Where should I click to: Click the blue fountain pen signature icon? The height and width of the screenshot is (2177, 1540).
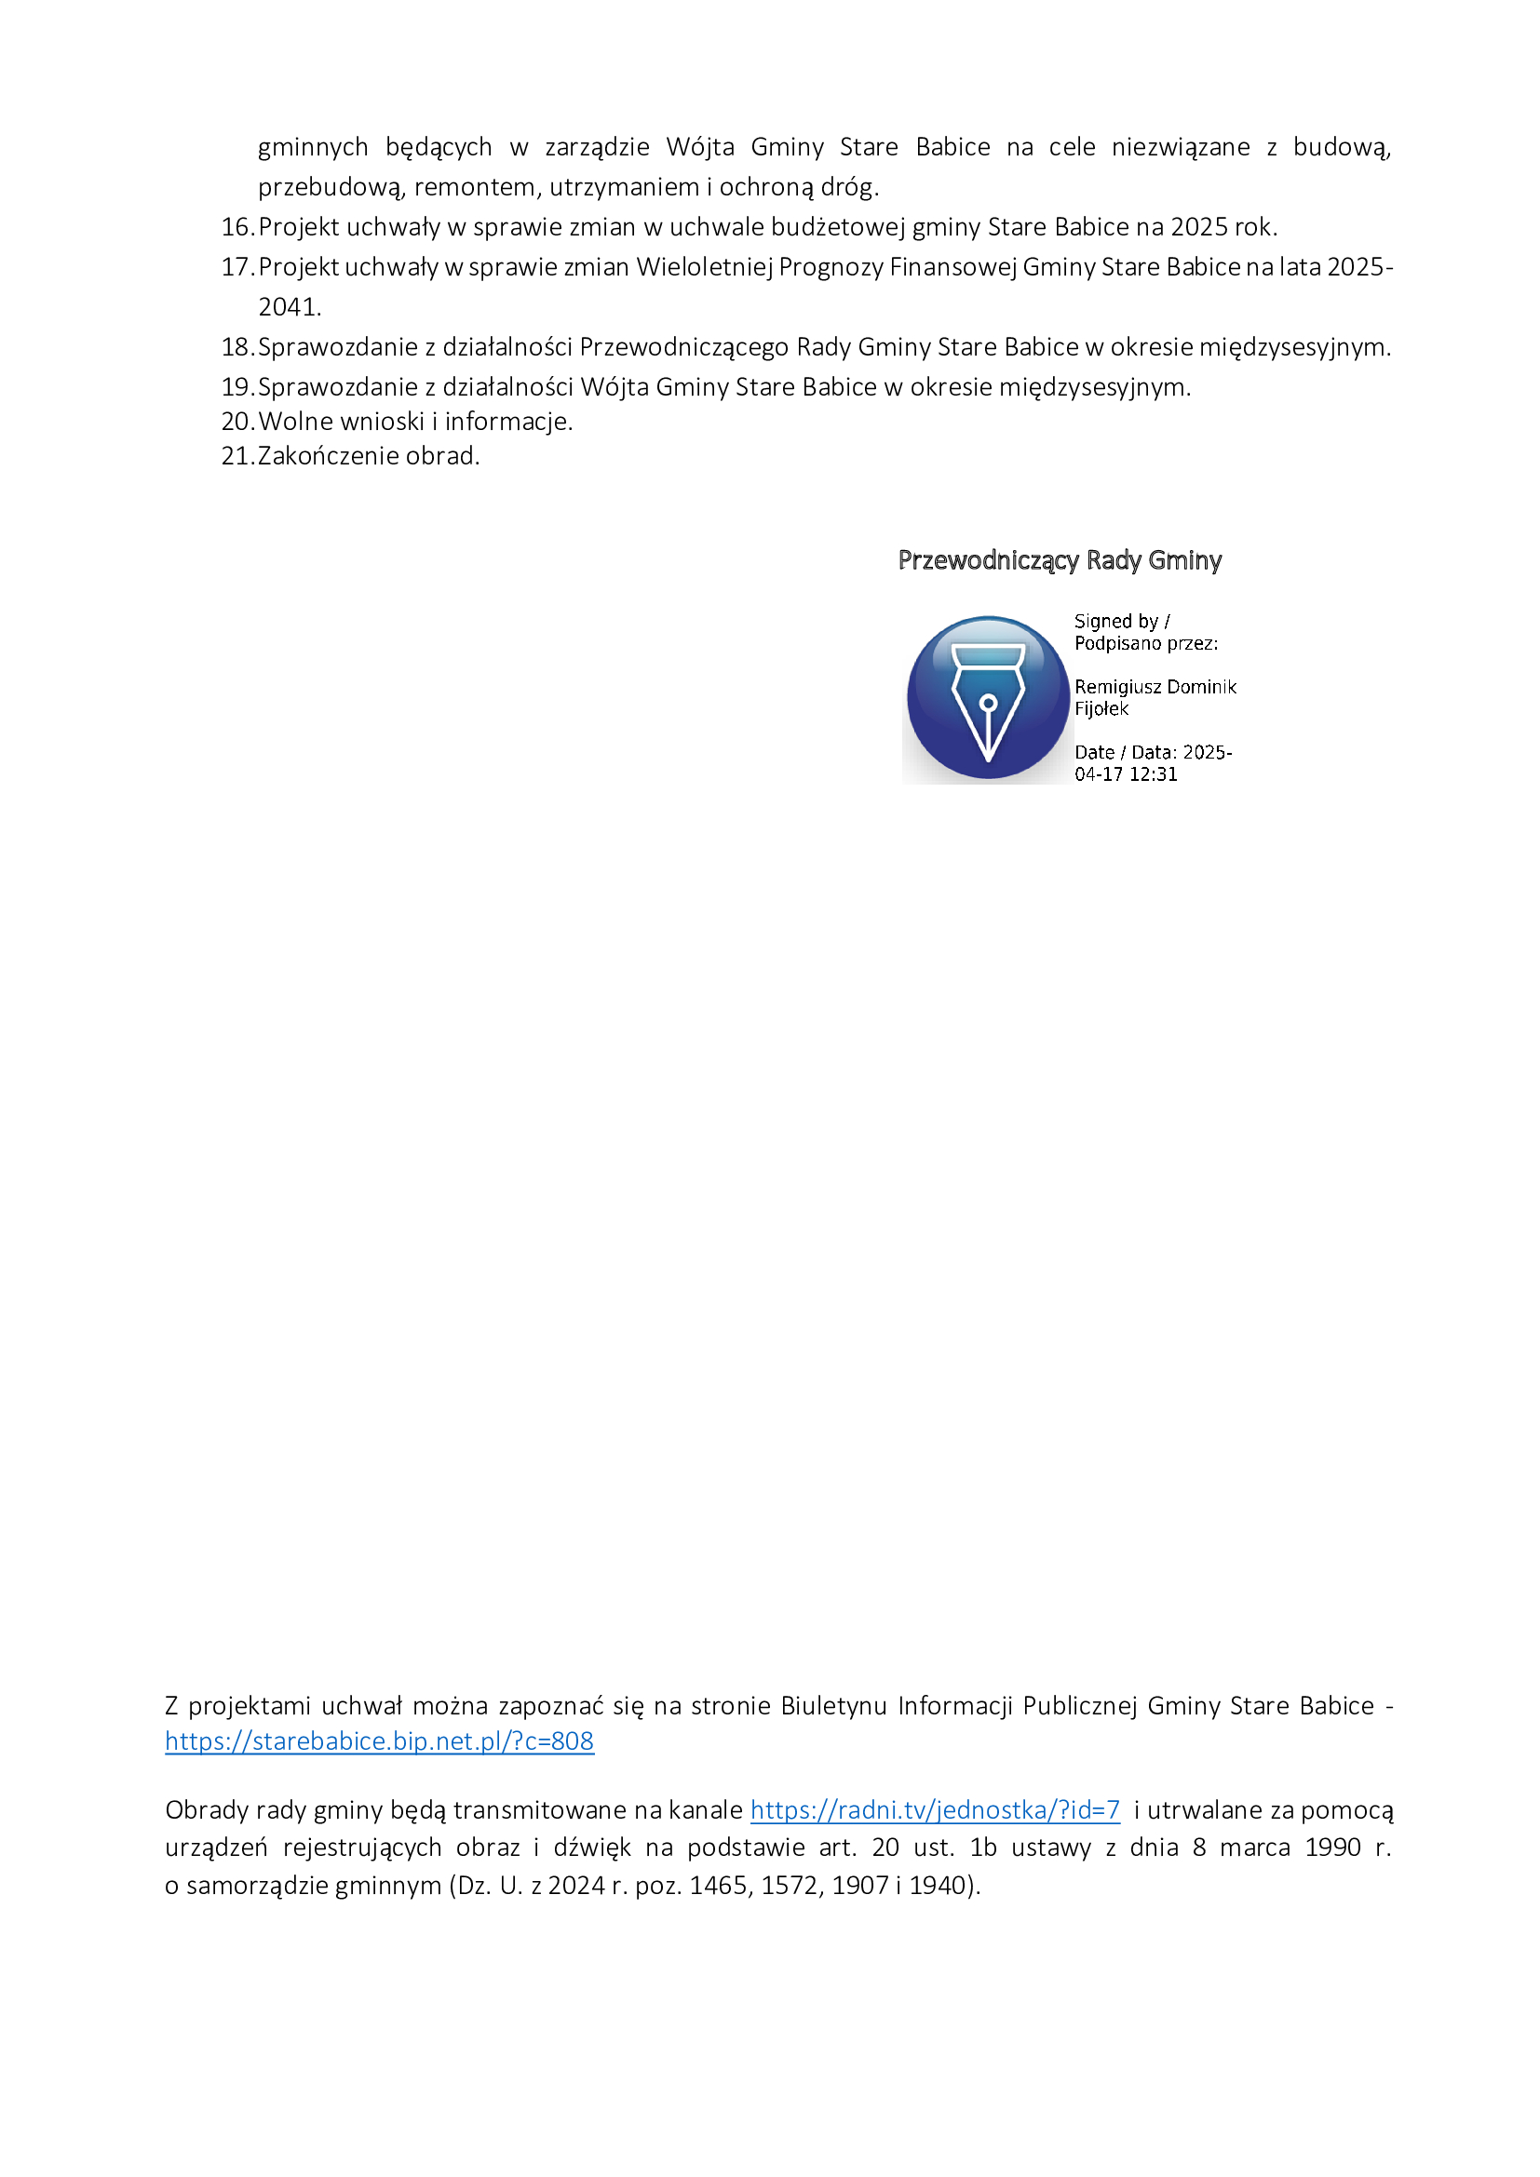987,699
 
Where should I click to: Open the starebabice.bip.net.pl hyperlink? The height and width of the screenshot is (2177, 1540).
379,1740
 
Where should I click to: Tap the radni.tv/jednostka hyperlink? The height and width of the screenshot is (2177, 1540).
935,1810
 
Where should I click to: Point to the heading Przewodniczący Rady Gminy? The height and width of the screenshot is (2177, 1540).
1060,560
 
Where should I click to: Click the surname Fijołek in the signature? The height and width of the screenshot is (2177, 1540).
1101,708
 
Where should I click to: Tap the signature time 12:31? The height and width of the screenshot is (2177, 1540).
1153,773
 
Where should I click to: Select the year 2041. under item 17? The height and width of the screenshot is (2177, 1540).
290,307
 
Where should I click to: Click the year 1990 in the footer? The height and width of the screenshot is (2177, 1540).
1332,1847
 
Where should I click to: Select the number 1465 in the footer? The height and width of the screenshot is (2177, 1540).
717,1885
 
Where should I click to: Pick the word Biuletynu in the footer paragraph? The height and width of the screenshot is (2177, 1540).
833,1706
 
